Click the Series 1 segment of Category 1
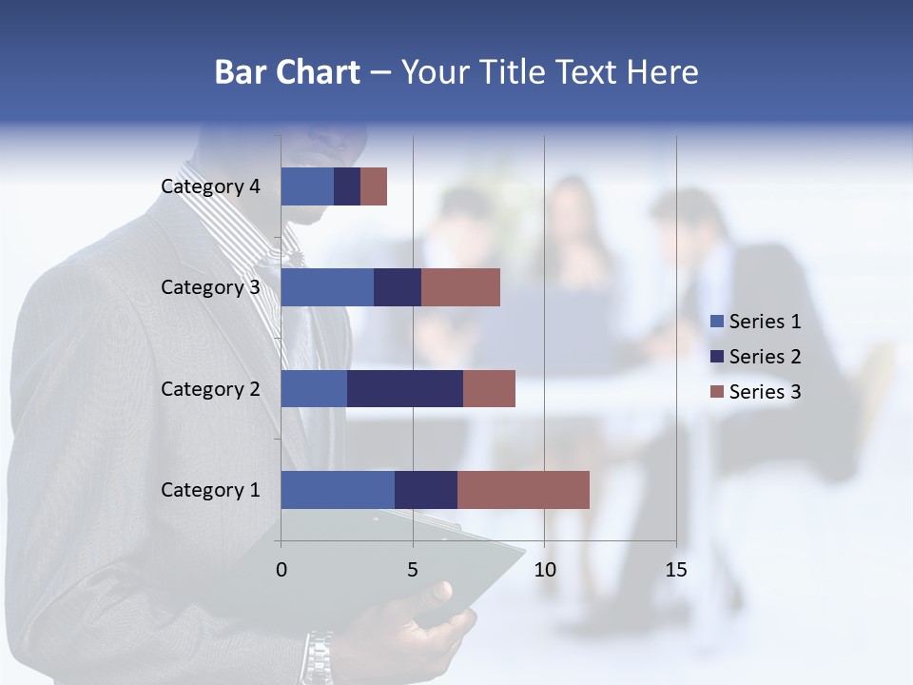click(338, 490)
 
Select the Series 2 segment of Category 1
click(426, 490)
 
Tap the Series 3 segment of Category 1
click(523, 490)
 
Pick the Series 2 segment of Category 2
click(405, 388)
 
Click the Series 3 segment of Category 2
click(489, 388)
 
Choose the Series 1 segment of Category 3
click(327, 287)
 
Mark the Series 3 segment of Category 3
click(460, 287)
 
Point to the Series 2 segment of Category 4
click(347, 186)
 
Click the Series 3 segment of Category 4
click(374, 186)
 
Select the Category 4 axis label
click(210, 186)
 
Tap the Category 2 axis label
click(210, 388)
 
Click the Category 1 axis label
click(210, 490)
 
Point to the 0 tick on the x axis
click(282, 570)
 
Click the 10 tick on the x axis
click(544, 570)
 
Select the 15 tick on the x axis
click(675, 570)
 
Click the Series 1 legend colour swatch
click(717, 322)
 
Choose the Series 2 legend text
click(765, 357)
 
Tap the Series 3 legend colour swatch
click(717, 392)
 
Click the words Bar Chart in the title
click(287, 72)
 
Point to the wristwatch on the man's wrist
click(320, 656)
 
